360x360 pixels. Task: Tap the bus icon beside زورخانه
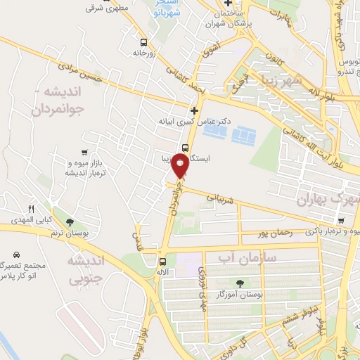[144, 41]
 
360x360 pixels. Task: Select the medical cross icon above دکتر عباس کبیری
[194, 110]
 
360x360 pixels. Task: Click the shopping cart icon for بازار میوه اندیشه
[84, 152]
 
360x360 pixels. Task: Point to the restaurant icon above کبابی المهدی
[31, 210]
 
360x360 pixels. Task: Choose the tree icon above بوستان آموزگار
[240, 283]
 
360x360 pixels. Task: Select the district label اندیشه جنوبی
[84, 271]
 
